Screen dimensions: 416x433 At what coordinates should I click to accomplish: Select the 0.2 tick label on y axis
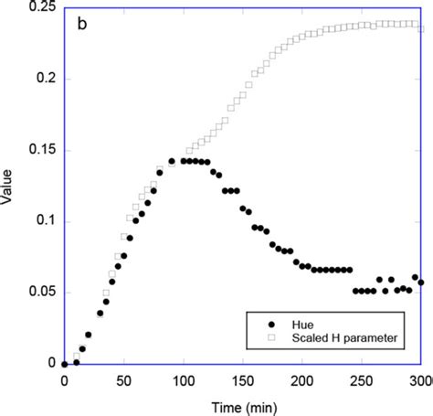(x=41, y=79)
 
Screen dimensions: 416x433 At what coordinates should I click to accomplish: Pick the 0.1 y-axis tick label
(x=41, y=221)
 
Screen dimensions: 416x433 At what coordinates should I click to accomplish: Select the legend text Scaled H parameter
(x=345, y=338)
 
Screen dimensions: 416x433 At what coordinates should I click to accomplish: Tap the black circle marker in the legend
(x=269, y=324)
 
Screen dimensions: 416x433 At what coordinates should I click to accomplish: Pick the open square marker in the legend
(x=269, y=338)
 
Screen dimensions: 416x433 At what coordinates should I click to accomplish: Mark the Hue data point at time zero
(x=64, y=364)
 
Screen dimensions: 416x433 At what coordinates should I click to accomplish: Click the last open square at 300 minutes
(x=421, y=29)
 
